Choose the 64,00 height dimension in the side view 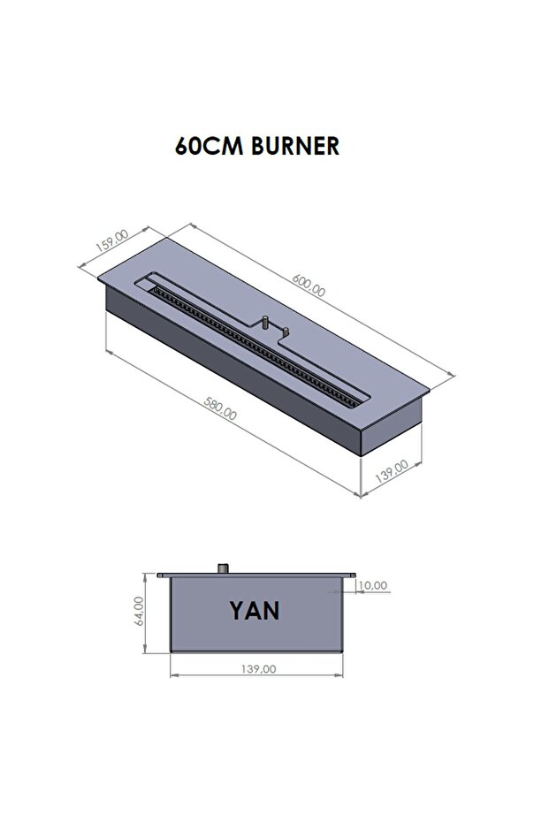click(139, 611)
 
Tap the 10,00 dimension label click(373, 585)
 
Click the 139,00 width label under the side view click(257, 669)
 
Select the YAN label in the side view click(255, 611)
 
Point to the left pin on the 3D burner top click(264, 323)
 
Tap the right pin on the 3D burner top click(287, 331)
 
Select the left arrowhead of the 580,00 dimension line click(109, 354)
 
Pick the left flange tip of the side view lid click(160, 575)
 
